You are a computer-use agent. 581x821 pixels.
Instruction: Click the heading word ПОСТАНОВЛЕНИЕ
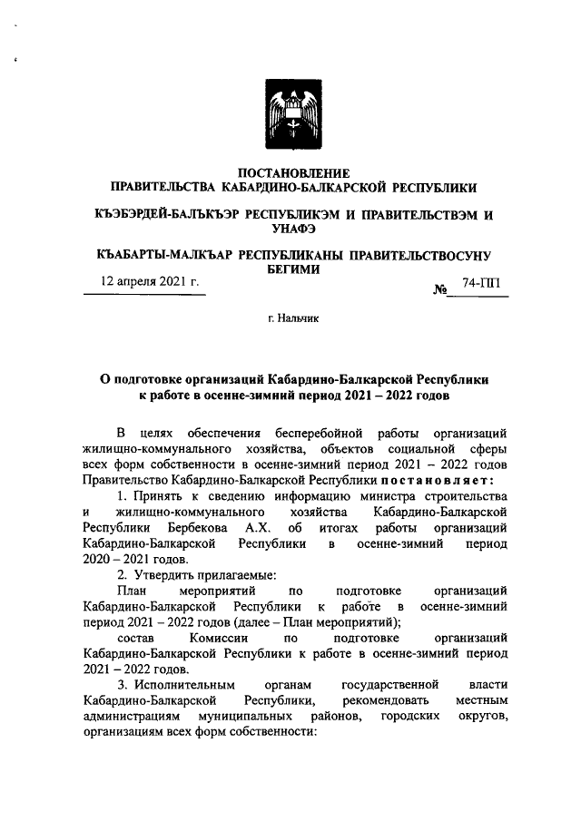point(292,172)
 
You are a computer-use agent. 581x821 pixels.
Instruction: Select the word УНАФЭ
point(292,229)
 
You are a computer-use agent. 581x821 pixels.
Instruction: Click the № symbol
point(442,290)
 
